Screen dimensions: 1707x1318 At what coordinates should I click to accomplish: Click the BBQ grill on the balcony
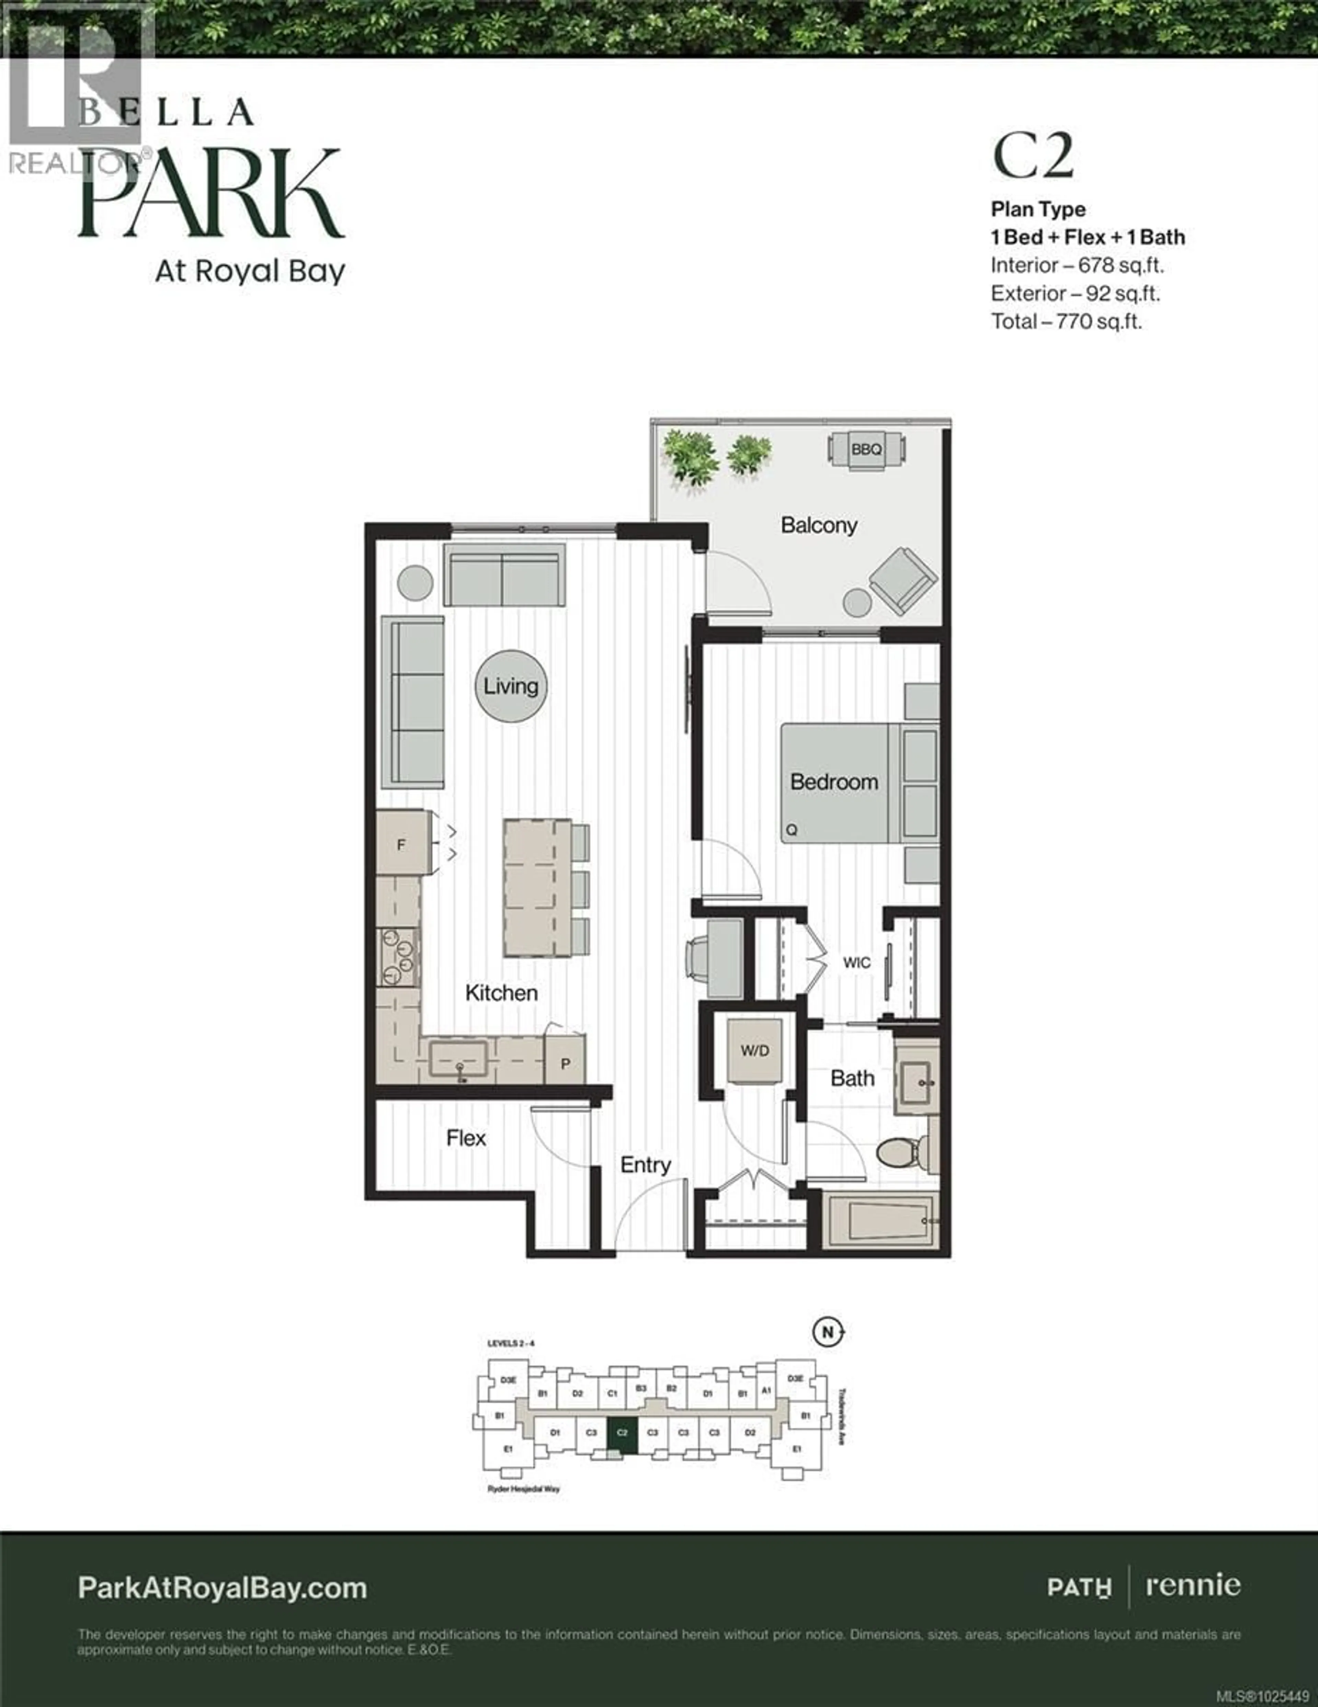(866, 449)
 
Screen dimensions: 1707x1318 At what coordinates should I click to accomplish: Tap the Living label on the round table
(511, 686)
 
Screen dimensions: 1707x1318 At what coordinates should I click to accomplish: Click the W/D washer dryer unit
(755, 1050)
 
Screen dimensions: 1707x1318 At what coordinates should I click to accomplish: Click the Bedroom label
(834, 782)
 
